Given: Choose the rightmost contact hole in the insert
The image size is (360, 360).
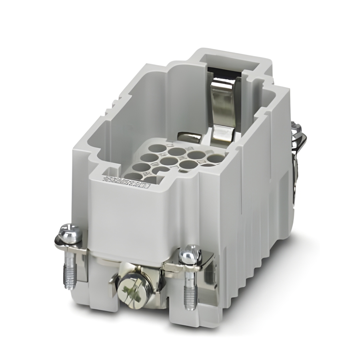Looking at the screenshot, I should [x=216, y=159].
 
